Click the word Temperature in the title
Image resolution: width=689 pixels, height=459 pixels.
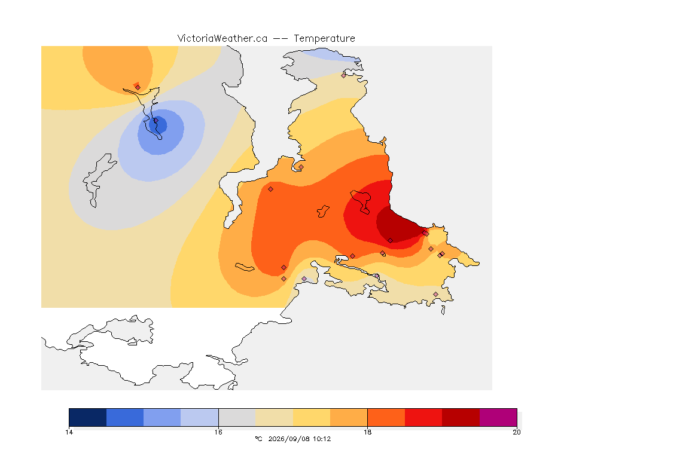coord(324,39)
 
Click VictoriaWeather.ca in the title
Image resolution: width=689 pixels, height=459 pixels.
coord(222,39)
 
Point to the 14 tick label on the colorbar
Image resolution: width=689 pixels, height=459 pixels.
coord(69,432)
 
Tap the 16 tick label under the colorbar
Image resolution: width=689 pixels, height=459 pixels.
coord(218,432)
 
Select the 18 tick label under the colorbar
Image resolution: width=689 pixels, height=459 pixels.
coord(367,432)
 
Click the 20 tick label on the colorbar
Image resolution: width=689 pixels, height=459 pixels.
coord(517,432)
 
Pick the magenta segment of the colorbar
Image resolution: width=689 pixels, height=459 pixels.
coord(498,417)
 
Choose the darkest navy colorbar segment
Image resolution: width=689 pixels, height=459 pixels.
coord(88,417)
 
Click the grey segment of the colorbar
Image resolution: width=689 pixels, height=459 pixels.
coord(237,417)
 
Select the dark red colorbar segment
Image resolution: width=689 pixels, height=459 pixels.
coord(461,417)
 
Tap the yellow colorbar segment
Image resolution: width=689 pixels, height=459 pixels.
coord(312,417)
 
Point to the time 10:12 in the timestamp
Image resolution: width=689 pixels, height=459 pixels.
coord(322,439)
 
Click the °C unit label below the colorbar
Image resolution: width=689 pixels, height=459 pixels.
coord(258,439)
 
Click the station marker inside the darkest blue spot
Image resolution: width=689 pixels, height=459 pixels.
coord(156,121)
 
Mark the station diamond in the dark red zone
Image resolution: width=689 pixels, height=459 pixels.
coord(390,241)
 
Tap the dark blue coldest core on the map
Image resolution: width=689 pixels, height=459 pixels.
coord(158,125)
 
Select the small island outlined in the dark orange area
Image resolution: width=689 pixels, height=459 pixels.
coord(324,212)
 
